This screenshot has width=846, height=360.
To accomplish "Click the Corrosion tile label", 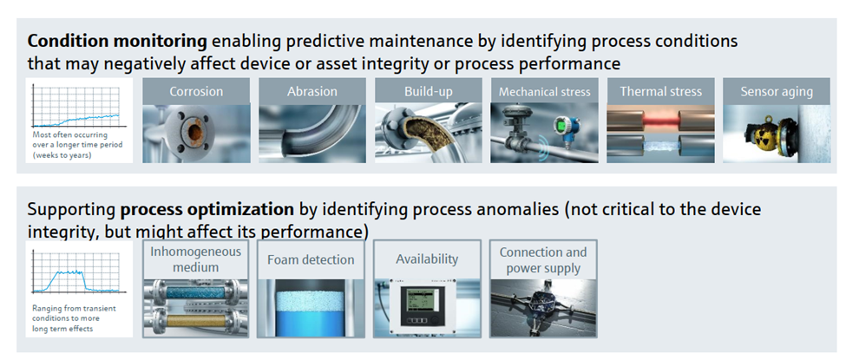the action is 196,91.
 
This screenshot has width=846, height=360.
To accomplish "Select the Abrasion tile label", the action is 312,91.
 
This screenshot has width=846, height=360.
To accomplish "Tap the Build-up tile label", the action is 429,91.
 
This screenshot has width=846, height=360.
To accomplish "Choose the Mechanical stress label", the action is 544,92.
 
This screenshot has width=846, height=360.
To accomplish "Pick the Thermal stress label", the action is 660,91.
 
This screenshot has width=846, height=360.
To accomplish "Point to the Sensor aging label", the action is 777,92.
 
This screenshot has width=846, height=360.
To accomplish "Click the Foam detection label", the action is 311,259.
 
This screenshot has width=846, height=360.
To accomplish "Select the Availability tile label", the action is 427,259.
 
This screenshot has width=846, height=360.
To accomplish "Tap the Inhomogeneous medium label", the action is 195,259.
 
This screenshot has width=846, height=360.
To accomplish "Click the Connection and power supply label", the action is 543,260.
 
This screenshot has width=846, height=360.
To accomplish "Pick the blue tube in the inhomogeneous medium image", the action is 196,292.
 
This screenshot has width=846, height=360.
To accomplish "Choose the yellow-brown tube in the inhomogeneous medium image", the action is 196,319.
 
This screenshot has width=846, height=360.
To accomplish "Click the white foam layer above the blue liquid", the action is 311,301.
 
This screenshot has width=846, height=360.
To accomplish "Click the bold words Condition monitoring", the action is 117,41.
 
